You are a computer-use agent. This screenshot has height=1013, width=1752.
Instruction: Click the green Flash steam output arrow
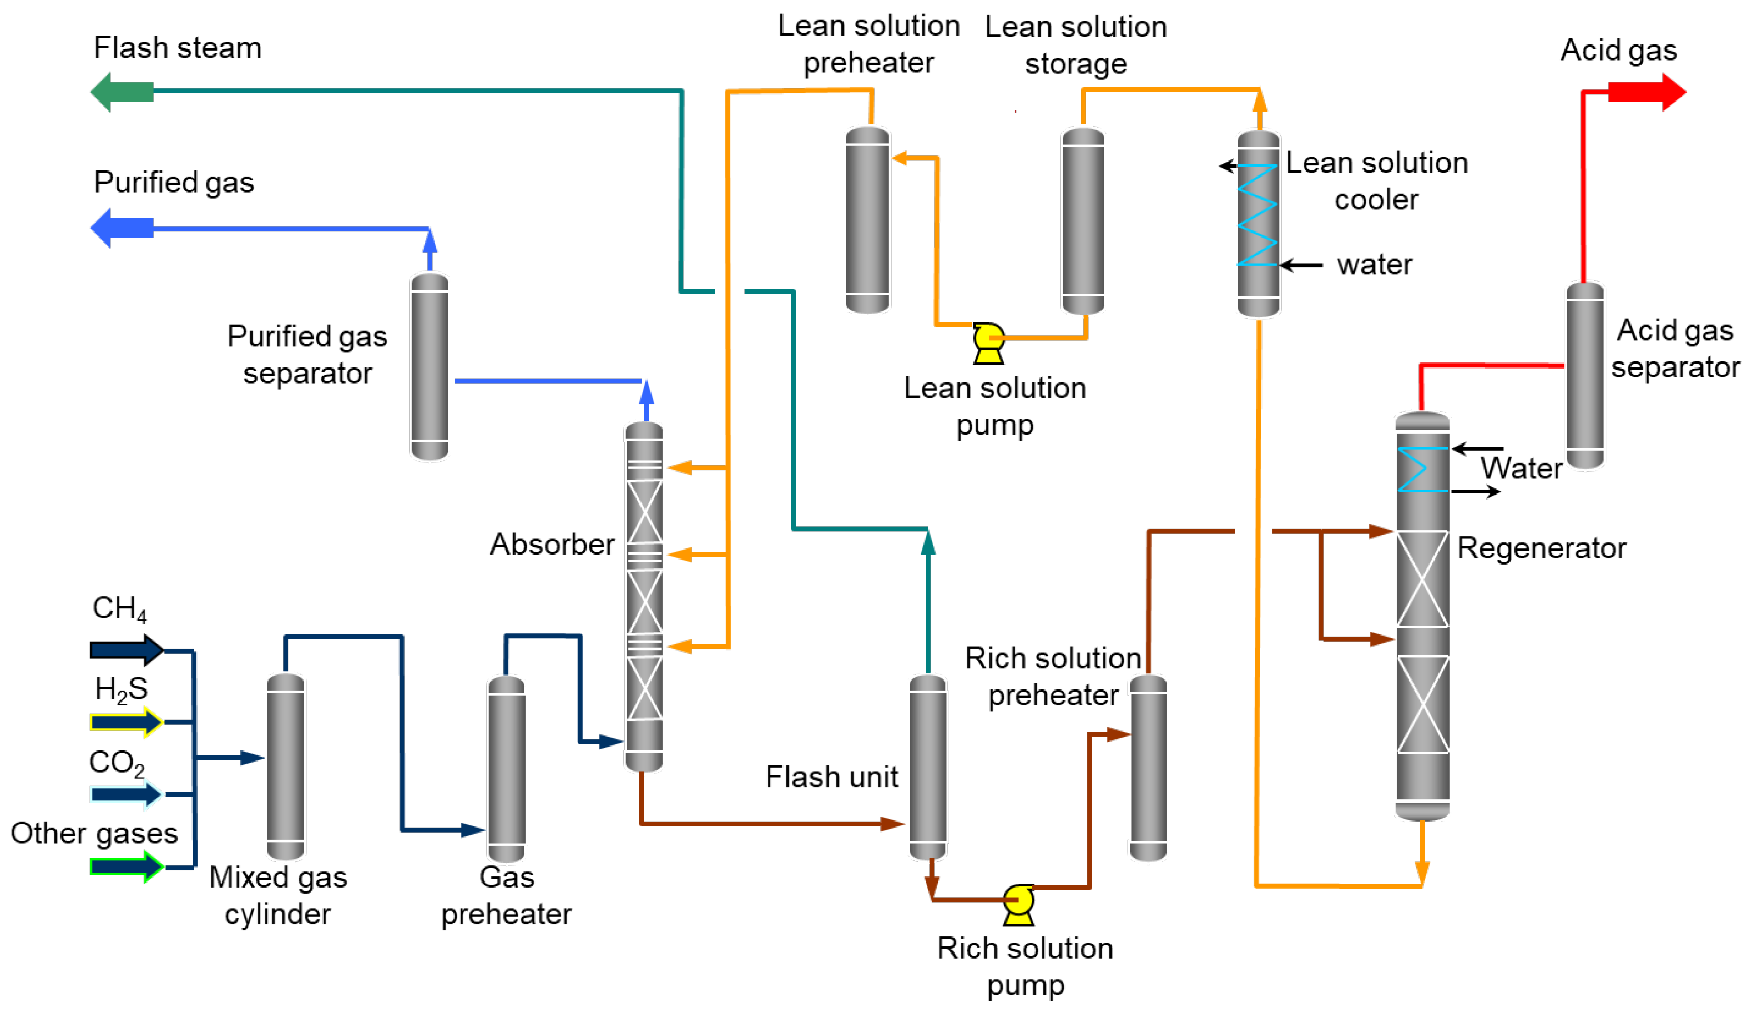(x=122, y=91)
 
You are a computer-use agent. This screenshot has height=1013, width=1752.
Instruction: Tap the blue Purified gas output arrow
(x=122, y=228)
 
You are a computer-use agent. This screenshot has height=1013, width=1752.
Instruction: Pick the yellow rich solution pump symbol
(x=1018, y=904)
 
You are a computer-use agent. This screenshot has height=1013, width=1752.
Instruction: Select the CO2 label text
(x=116, y=763)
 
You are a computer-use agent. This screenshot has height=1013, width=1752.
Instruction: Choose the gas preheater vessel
(x=507, y=768)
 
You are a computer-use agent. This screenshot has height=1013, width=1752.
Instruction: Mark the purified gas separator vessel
(x=430, y=366)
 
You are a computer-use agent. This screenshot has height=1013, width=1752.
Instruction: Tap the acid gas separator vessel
(x=1584, y=375)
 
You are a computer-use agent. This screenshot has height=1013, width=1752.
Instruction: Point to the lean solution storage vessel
(x=1083, y=220)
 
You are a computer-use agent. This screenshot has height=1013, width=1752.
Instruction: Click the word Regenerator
(x=1541, y=548)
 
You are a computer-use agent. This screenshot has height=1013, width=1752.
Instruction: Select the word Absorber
(x=551, y=544)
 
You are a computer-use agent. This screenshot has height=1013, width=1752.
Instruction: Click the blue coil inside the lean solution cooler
(x=1258, y=215)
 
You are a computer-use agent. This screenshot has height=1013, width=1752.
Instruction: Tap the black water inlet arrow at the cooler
(x=1300, y=265)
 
